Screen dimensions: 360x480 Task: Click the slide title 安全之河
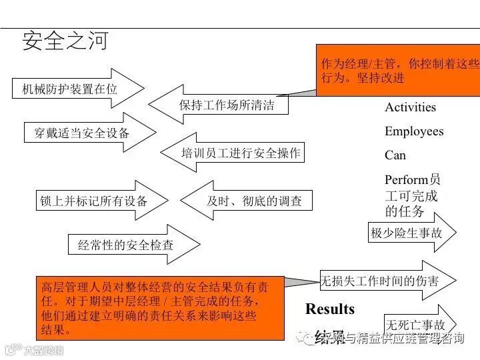click(x=65, y=41)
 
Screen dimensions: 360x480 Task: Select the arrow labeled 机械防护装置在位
click(x=73, y=89)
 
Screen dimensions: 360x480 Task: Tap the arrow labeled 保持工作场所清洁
click(x=223, y=105)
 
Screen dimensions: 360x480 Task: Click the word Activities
click(x=410, y=107)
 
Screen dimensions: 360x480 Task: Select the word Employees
click(x=414, y=131)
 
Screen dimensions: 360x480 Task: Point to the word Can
click(x=395, y=155)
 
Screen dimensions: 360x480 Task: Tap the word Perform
click(x=406, y=180)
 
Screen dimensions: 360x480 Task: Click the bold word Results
click(x=330, y=309)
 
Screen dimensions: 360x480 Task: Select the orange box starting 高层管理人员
click(x=160, y=307)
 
